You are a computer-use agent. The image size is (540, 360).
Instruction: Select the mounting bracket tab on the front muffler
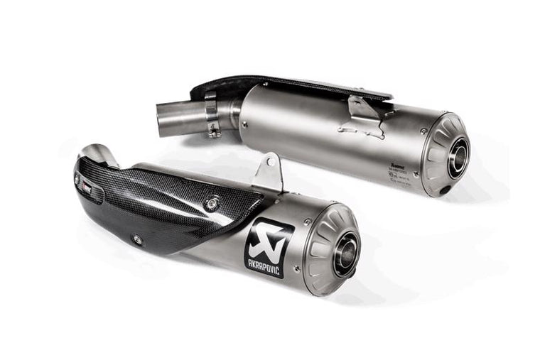[268, 173]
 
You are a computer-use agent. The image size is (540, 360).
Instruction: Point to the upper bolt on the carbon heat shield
[210, 203]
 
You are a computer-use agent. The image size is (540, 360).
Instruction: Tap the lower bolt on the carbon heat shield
[137, 240]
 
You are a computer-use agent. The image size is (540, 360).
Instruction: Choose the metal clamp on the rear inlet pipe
[212, 114]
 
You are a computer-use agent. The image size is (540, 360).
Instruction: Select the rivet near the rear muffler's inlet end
[244, 124]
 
